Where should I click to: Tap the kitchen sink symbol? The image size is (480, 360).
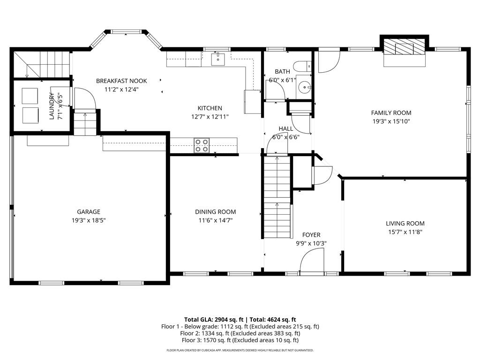[218, 59]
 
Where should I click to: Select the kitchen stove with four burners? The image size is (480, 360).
[202, 145]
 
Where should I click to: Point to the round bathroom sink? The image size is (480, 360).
[305, 87]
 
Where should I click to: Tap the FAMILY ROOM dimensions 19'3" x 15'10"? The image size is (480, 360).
[391, 121]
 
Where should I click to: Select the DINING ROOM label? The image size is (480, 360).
[215, 211]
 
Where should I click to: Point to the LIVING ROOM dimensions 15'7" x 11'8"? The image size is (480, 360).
[405, 232]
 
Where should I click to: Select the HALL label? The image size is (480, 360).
[285, 128]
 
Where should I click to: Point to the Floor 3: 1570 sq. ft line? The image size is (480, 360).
[240, 340]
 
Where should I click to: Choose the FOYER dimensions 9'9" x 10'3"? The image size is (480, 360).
[311, 243]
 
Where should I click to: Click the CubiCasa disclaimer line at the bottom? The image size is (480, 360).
[240, 350]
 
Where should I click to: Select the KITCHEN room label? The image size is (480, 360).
[210, 108]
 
